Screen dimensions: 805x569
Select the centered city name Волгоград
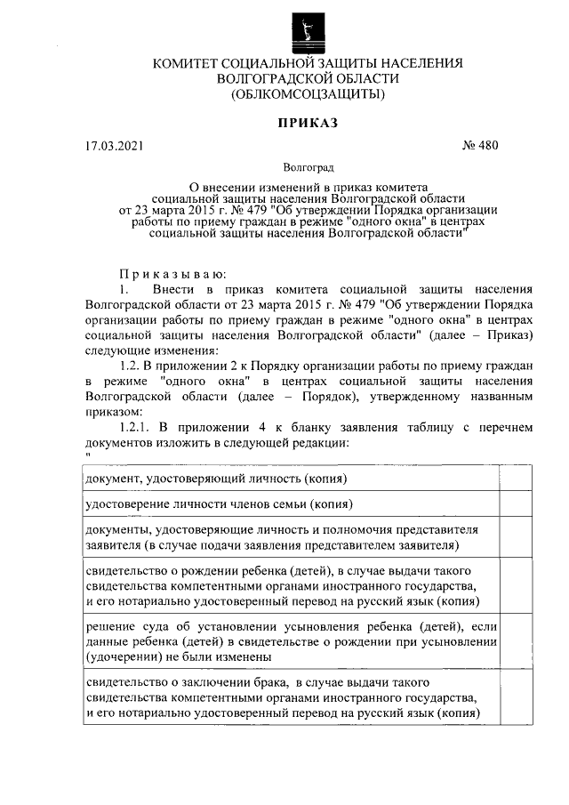point(308,166)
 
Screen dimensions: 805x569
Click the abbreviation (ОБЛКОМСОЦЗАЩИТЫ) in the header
point(308,93)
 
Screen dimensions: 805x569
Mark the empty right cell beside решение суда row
point(516,640)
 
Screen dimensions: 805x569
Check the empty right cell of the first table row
point(516,479)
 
